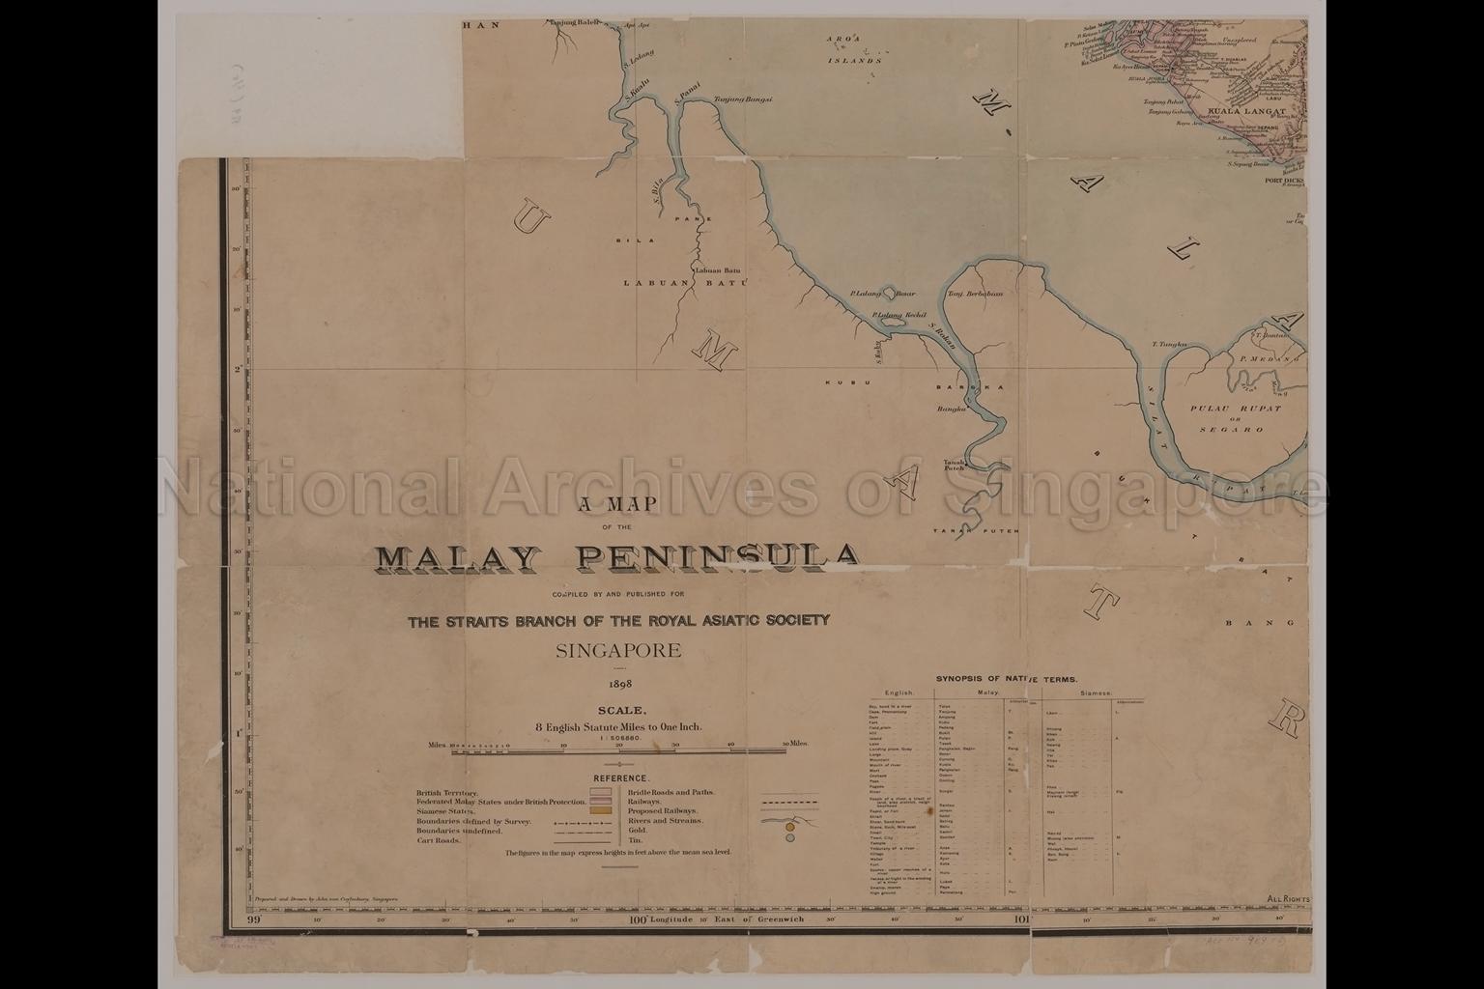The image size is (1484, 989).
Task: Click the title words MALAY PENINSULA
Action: (x=617, y=557)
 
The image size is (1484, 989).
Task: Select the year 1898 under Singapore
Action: (x=618, y=684)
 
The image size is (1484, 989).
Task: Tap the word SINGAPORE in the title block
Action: (x=618, y=650)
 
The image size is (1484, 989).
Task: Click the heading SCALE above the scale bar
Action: (x=618, y=711)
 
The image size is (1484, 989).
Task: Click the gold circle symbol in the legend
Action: (x=790, y=827)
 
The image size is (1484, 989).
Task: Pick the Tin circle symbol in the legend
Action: (x=790, y=838)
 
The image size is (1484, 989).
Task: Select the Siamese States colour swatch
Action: (x=600, y=811)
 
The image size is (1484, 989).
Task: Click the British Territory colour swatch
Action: (x=600, y=792)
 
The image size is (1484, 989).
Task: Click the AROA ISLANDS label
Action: (x=854, y=49)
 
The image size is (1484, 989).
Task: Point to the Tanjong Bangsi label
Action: (x=742, y=99)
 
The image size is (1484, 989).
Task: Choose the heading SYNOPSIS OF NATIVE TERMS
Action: (x=1006, y=680)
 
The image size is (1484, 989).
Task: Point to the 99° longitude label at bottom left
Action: (x=255, y=919)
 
